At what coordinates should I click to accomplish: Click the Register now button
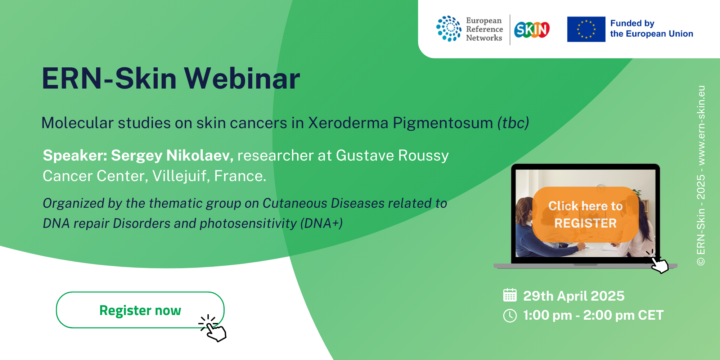click(x=140, y=310)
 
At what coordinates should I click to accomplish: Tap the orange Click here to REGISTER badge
click(x=585, y=215)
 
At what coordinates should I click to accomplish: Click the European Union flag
click(x=586, y=29)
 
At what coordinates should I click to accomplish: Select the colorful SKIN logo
click(x=532, y=30)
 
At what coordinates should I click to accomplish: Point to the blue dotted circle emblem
click(x=449, y=29)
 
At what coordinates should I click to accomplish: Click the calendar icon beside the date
click(x=510, y=295)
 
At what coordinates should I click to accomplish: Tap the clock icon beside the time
click(x=510, y=316)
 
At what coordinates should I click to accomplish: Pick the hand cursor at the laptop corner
click(x=657, y=262)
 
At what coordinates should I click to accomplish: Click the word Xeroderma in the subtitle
click(x=348, y=123)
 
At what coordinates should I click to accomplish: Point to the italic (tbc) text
click(x=513, y=123)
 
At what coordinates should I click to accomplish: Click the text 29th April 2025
click(x=574, y=296)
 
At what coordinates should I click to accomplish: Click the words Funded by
click(x=632, y=23)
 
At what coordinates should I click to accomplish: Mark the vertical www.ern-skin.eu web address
click(x=701, y=126)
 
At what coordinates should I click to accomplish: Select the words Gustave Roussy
click(x=392, y=156)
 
